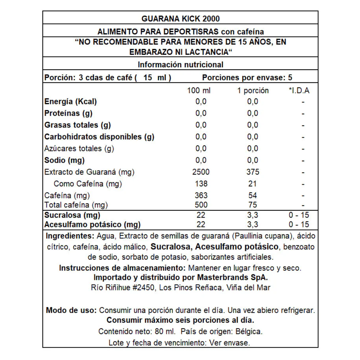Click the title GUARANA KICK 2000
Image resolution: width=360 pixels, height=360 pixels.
pyautogui.click(x=180, y=18)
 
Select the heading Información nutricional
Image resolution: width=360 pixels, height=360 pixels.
pyautogui.click(x=180, y=65)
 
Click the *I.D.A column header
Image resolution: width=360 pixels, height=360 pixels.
pyautogui.click(x=299, y=91)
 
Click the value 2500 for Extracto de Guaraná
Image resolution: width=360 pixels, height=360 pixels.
pyautogui.click(x=201, y=172)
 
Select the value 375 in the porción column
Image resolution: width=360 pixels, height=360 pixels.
pyautogui.click(x=253, y=172)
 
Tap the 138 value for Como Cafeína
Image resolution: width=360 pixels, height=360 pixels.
pyautogui.click(x=201, y=184)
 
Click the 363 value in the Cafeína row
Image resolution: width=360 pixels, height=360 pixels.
pyautogui.click(x=201, y=195)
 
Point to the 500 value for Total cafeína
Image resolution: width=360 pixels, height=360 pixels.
pyautogui.click(x=201, y=204)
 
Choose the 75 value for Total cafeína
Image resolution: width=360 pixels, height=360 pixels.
pyautogui.click(x=253, y=204)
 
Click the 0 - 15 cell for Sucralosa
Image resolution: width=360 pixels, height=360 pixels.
pyautogui.click(x=299, y=215)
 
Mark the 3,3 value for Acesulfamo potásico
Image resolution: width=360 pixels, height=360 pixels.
pyautogui.click(x=253, y=224)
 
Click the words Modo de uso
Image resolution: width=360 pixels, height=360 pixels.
pyautogui.click(x=71, y=310)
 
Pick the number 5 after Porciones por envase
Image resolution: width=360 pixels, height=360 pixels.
pyautogui.click(x=290, y=78)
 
